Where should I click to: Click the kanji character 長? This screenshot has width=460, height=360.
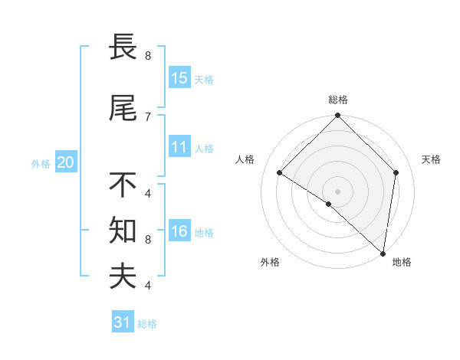(x=124, y=48)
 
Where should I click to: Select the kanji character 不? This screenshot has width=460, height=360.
(x=124, y=185)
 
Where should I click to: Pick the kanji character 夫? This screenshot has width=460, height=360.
(x=124, y=277)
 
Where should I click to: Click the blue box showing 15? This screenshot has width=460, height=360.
(x=179, y=78)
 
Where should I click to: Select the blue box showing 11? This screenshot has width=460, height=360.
(x=179, y=147)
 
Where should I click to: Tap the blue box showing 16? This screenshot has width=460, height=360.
(x=179, y=231)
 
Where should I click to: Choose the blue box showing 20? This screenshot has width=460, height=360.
(x=65, y=162)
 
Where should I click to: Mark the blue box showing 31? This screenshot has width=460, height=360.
(x=123, y=322)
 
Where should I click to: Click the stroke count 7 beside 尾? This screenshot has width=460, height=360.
(x=148, y=116)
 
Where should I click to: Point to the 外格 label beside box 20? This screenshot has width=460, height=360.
(x=41, y=163)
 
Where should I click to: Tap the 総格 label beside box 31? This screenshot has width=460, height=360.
(x=147, y=324)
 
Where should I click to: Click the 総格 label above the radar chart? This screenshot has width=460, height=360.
(x=337, y=100)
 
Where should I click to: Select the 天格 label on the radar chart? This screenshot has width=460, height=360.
(x=431, y=159)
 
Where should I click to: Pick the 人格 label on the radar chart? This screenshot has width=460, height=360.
(x=245, y=159)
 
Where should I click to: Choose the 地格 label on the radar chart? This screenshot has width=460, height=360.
(x=402, y=262)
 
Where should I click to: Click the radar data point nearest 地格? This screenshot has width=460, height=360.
(x=383, y=253)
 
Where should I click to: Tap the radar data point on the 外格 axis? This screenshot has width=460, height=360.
(x=329, y=204)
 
